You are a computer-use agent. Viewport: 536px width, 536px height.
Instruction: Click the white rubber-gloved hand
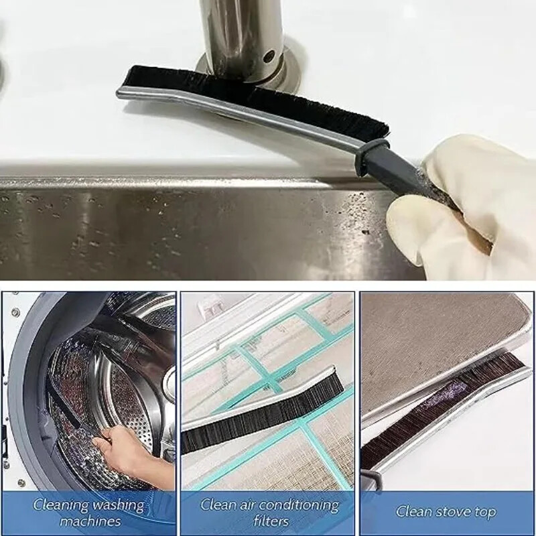pos(462,201)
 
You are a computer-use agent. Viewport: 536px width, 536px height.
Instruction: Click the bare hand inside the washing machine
pos(127,449)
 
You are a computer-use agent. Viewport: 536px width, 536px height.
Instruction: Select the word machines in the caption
pos(90,521)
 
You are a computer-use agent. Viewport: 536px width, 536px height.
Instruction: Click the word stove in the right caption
pos(453,512)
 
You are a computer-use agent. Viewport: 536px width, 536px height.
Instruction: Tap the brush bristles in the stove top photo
pos(442,402)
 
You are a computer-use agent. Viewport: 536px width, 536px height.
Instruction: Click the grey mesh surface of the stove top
pos(429,335)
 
